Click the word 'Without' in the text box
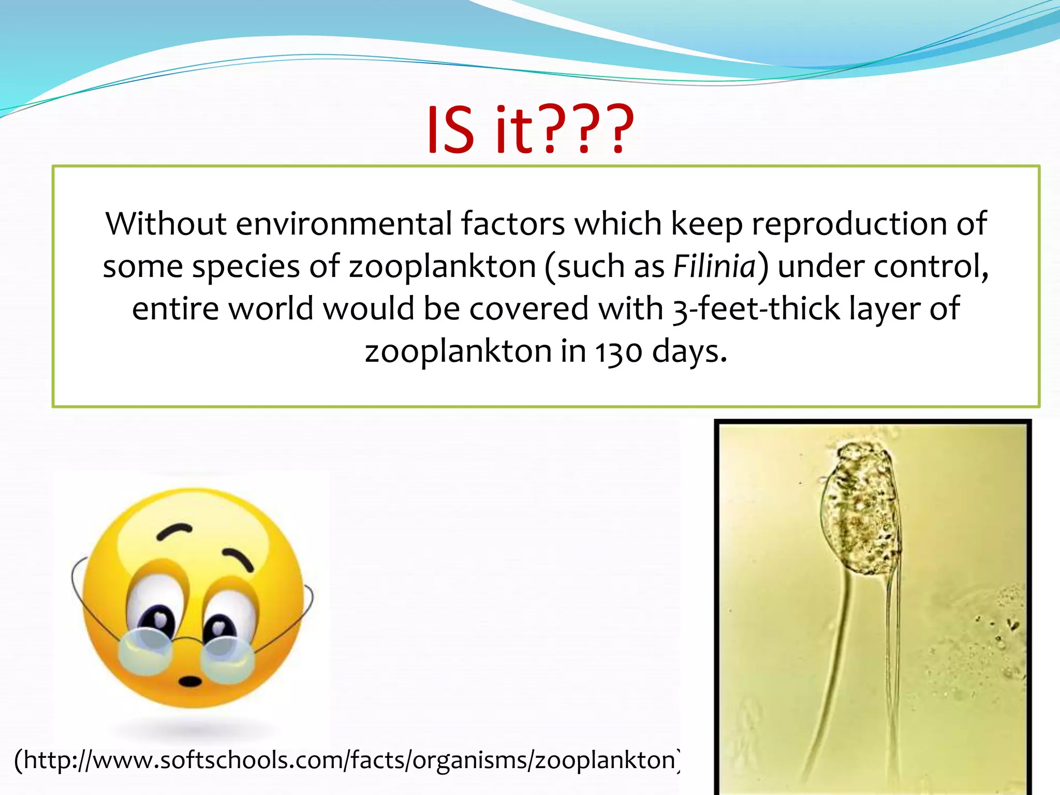pyautogui.click(x=166, y=224)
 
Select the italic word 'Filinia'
pyautogui.click(x=715, y=267)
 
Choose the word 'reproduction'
pyautogui.click(x=849, y=225)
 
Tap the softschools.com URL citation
pyautogui.click(x=347, y=760)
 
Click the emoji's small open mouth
pyautogui.click(x=190, y=681)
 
